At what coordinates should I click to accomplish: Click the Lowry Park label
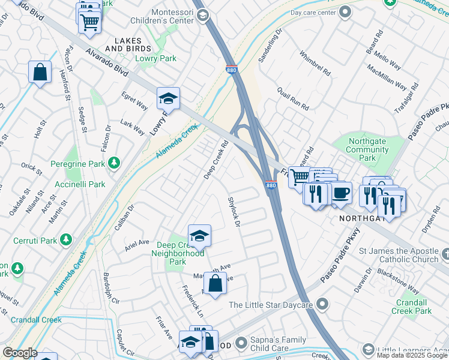click(156, 59)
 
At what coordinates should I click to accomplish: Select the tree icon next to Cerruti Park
click(67, 240)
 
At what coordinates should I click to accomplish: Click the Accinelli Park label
click(80, 184)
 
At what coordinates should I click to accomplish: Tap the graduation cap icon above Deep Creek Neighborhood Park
click(199, 235)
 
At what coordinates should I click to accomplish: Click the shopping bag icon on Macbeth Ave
click(215, 283)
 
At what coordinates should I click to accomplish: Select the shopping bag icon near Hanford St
click(40, 71)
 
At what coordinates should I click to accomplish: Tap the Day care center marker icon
click(345, 11)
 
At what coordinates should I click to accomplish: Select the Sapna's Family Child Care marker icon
click(241, 343)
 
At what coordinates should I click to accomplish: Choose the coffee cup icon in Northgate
click(342, 192)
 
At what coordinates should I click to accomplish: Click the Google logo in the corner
click(20, 352)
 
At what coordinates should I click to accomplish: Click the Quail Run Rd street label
click(292, 98)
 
